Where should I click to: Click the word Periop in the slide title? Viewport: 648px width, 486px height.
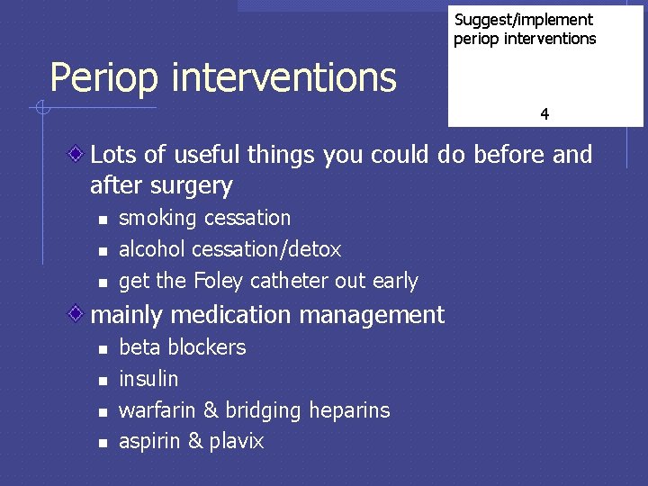104,78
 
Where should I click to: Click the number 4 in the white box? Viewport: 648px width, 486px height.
544,114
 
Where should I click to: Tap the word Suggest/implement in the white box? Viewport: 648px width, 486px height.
523,20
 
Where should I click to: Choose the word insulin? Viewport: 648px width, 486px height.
148,379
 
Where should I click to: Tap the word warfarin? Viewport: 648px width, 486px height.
157,410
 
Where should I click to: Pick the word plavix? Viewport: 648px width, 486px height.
236,442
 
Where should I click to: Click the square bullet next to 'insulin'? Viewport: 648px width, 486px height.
103,380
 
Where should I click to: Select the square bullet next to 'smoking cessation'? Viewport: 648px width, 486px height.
103,220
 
